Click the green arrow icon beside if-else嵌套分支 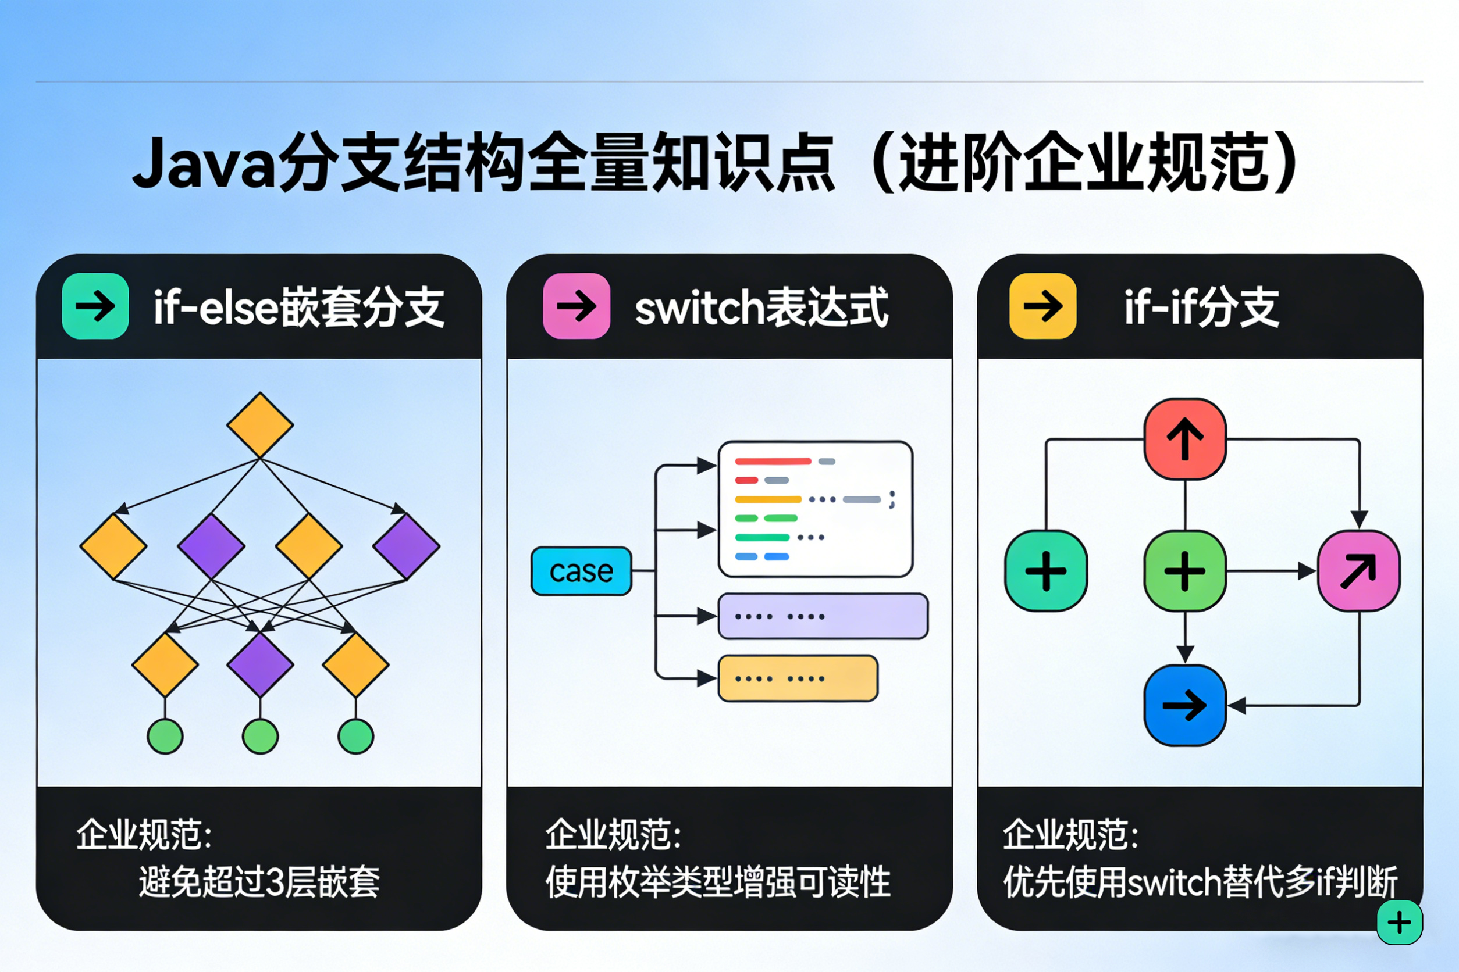(95, 306)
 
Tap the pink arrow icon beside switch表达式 (577, 306)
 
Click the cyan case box (581, 571)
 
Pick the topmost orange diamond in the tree (260, 426)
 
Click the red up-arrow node (1185, 439)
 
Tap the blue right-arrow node (1185, 705)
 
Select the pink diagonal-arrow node (1358, 571)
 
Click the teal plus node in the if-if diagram (1046, 571)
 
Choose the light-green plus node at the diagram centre (1185, 571)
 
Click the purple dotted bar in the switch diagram (823, 616)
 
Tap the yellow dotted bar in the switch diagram (798, 678)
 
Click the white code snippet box (815, 509)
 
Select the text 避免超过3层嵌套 (259, 882)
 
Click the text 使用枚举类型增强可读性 (718, 882)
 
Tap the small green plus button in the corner (1400, 923)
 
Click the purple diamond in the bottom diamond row (260, 664)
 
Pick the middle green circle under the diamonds (260, 737)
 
